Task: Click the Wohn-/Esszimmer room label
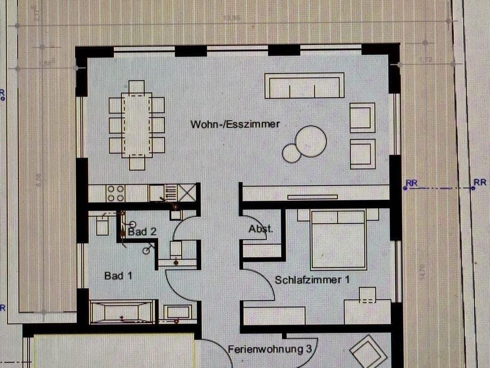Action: point(235,124)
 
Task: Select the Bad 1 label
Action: point(118,275)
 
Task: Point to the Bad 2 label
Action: point(141,232)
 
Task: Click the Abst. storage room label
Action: point(261,229)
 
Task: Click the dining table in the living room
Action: point(137,125)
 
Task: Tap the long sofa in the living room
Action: point(304,85)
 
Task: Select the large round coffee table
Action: point(311,141)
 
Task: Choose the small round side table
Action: point(292,153)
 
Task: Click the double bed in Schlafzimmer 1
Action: point(338,239)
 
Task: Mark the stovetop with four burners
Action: point(115,193)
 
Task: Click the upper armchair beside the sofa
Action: point(362,118)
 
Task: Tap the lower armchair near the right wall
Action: point(362,154)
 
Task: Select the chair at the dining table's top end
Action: point(137,86)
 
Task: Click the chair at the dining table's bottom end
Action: point(137,163)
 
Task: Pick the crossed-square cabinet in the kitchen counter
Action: point(187,193)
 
